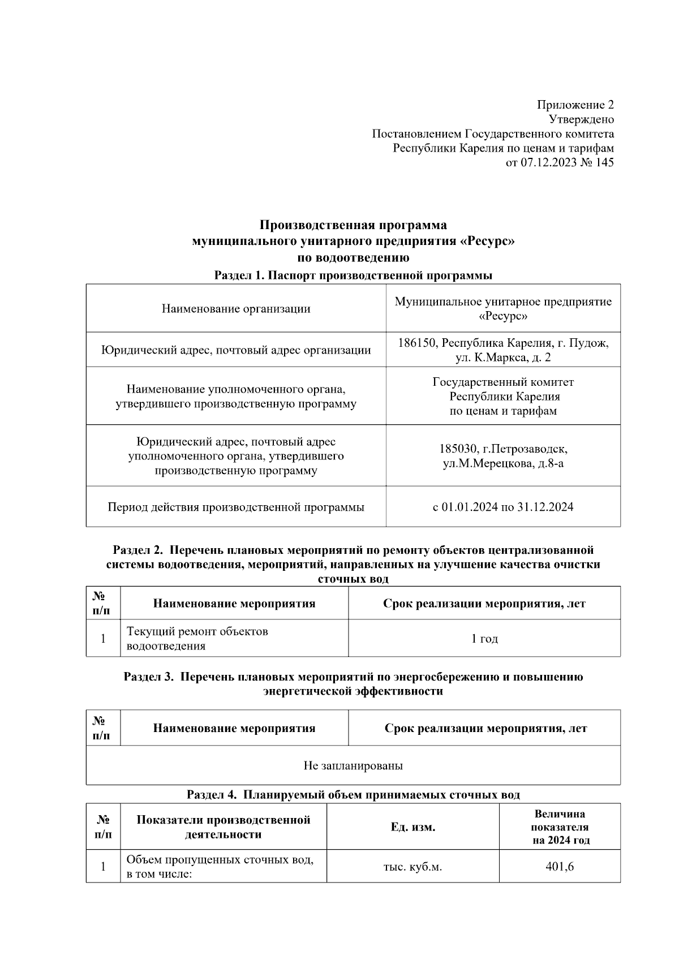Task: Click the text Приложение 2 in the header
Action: [575, 105]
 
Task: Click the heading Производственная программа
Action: [353, 225]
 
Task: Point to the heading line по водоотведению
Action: [353, 258]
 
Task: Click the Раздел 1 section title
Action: [353, 275]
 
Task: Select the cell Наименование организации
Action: [236, 308]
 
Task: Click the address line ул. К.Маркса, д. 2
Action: [502, 358]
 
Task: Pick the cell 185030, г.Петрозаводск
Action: [503, 449]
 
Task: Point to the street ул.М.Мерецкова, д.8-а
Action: [503, 464]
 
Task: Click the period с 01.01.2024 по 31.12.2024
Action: [503, 507]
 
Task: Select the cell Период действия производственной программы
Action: [236, 507]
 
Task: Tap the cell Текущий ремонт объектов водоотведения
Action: [197, 638]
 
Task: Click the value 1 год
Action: [484, 639]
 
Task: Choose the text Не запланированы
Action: [353, 766]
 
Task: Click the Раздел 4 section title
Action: [353, 795]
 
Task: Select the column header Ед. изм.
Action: [412, 827]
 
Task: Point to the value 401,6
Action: [560, 866]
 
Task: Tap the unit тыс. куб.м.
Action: [412, 867]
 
